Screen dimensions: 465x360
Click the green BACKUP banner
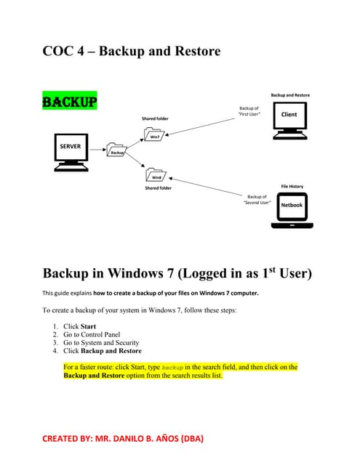(70, 101)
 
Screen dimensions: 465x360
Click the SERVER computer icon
(71, 151)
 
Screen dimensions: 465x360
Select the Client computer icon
(289, 119)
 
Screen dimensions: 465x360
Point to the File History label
(292, 186)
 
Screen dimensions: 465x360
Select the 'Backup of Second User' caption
(257, 200)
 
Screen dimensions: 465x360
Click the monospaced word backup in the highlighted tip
(173, 368)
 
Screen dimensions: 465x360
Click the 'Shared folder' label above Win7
(156, 118)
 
